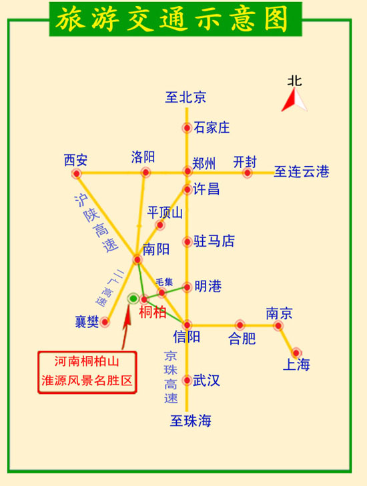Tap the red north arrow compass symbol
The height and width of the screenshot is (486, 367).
294,100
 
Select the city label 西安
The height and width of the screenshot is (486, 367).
75,160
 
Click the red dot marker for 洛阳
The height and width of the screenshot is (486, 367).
145,173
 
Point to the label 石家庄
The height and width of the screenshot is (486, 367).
212,127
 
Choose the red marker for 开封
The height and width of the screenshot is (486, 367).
248,173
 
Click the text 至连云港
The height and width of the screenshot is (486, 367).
302,172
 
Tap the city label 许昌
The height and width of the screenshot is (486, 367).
206,189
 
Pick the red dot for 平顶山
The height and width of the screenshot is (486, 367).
160,225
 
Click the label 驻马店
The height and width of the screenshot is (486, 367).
214,241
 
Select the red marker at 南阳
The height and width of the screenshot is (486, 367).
136,258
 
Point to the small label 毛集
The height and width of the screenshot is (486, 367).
164,281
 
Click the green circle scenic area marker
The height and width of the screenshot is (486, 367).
133,298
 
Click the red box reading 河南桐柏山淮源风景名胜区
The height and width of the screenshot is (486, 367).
87,372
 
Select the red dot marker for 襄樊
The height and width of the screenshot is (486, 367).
105,322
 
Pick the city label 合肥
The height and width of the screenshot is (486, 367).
242,338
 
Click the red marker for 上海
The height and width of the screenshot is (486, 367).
296,352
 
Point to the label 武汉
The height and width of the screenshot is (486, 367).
206,381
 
